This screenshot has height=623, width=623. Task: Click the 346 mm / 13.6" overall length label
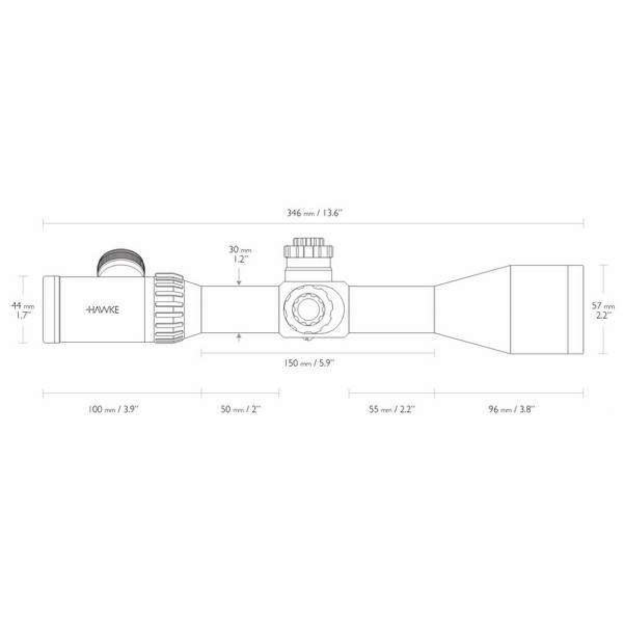314,213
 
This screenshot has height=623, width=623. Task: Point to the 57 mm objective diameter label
603,310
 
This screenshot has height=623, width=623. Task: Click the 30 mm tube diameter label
240,254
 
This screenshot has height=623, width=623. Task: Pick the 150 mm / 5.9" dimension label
309,363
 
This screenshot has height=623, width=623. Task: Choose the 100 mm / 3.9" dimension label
113,409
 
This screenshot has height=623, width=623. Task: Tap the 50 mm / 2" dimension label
240,409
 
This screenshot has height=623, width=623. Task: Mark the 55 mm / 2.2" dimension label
392,409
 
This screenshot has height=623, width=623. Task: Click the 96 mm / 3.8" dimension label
511,409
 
